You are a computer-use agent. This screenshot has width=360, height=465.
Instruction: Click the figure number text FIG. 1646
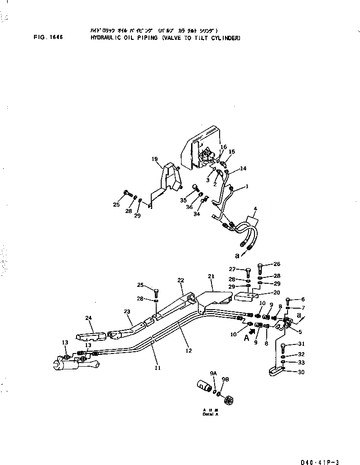click(x=48, y=38)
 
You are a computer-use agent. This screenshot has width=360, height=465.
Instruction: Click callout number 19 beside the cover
click(x=154, y=159)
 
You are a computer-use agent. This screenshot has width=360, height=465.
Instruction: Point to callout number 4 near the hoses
click(x=255, y=209)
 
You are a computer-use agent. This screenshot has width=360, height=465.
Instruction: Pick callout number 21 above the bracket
click(x=211, y=276)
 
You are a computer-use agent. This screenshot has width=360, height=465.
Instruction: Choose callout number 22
click(x=180, y=281)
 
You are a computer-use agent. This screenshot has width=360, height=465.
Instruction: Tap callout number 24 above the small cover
click(x=88, y=318)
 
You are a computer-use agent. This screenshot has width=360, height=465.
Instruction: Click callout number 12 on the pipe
click(x=189, y=350)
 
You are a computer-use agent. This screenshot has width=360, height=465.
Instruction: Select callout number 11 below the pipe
click(x=158, y=368)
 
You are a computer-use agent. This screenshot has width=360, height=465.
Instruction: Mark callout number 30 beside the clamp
click(x=289, y=373)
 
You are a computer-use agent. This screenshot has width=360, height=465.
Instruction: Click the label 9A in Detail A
click(x=213, y=373)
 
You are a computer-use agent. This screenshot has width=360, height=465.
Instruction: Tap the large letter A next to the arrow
click(x=247, y=338)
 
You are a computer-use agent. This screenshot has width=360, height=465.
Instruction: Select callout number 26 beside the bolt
click(x=277, y=264)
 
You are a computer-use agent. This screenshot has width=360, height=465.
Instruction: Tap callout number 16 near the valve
click(x=223, y=147)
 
